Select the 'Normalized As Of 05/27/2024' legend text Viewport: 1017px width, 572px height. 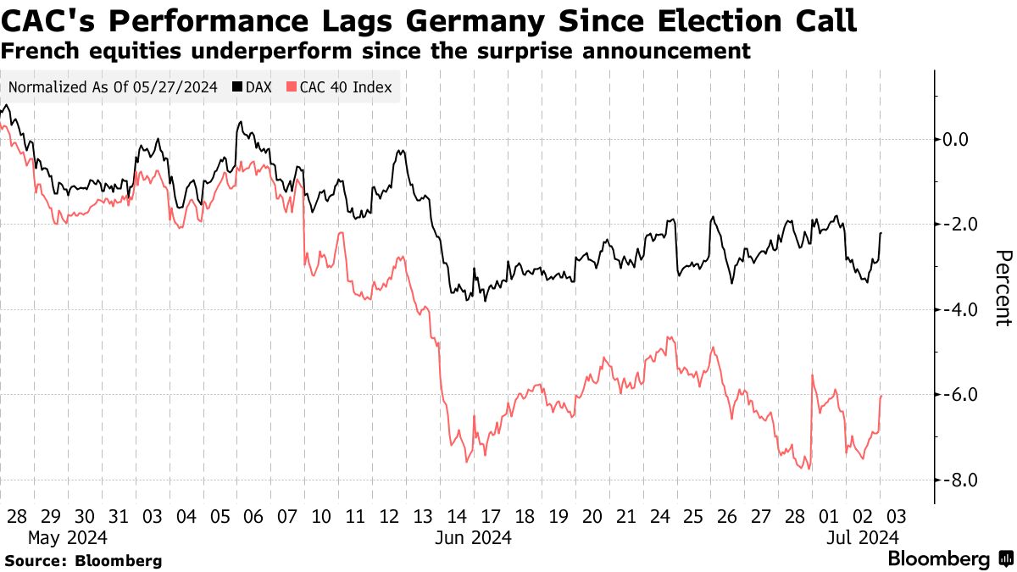pos(113,87)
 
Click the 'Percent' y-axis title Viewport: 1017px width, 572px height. pos(1003,288)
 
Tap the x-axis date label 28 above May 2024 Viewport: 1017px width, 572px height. pos(16,516)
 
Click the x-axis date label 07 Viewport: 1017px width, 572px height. pos(287,516)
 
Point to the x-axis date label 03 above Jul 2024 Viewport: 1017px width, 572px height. pos(897,516)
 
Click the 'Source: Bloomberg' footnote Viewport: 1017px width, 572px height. pos(82,560)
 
